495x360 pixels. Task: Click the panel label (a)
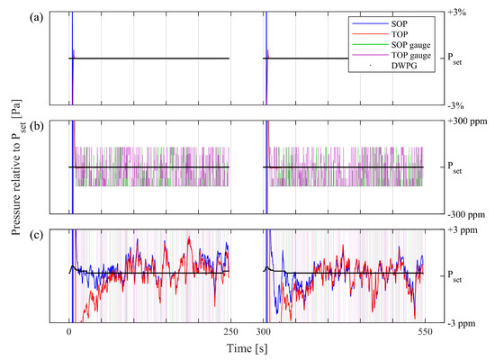click(37, 16)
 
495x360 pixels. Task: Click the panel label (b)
click(37, 125)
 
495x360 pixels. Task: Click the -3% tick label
click(457, 104)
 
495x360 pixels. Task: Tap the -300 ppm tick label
click(464, 213)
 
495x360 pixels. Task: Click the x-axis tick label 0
click(69, 332)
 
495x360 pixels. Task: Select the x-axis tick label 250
click(229, 332)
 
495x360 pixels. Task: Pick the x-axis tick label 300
click(262, 332)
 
